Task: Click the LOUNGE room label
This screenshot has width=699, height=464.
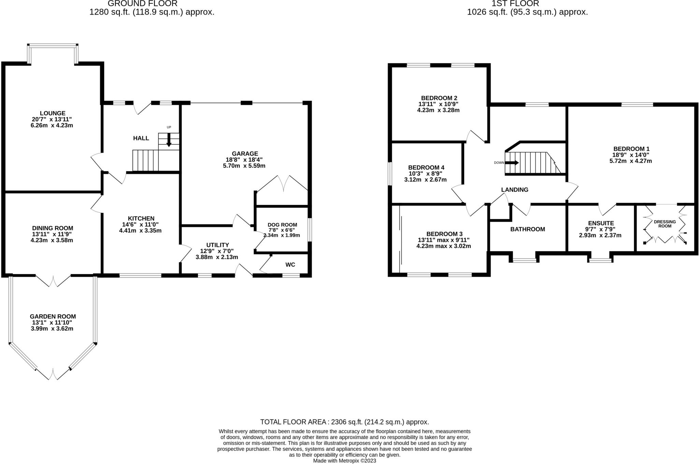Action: (53, 113)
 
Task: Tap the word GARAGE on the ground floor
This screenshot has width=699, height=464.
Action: (245, 154)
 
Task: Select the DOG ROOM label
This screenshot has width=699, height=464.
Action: (282, 225)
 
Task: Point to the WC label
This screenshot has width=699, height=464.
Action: (290, 265)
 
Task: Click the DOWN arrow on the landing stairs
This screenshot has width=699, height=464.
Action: (512, 163)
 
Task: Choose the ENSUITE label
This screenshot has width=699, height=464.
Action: (601, 223)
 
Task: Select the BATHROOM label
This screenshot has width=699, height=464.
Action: (528, 229)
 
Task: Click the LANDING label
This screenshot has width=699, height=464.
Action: (515, 190)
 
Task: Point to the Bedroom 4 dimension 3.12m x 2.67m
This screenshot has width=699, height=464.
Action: (425, 180)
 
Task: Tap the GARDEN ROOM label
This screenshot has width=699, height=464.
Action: (53, 317)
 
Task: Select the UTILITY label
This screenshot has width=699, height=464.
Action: (217, 245)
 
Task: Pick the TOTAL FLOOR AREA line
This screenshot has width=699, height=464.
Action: (344, 422)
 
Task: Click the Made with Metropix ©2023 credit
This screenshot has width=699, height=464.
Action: (345, 461)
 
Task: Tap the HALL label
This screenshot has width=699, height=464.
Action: (141, 138)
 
